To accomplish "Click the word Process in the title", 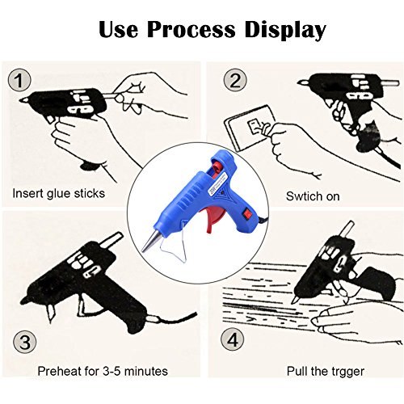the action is click(191, 29).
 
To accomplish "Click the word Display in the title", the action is click(285, 30).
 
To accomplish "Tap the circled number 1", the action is click(19, 80).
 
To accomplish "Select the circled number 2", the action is click(235, 80).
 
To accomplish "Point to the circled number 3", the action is click(25, 342).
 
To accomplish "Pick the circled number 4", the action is click(233, 339).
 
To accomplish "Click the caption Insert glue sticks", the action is click(59, 193).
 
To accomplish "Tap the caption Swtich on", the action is click(313, 196).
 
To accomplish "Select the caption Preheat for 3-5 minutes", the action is click(103, 371).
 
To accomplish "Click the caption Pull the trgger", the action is click(326, 371).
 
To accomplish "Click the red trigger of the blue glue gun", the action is click(216, 218).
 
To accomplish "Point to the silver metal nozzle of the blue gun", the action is click(151, 240).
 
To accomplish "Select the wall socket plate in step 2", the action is click(249, 127).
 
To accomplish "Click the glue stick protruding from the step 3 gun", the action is click(111, 240).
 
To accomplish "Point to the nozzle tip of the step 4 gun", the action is click(293, 301).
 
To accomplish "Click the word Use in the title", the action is click(119, 29).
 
